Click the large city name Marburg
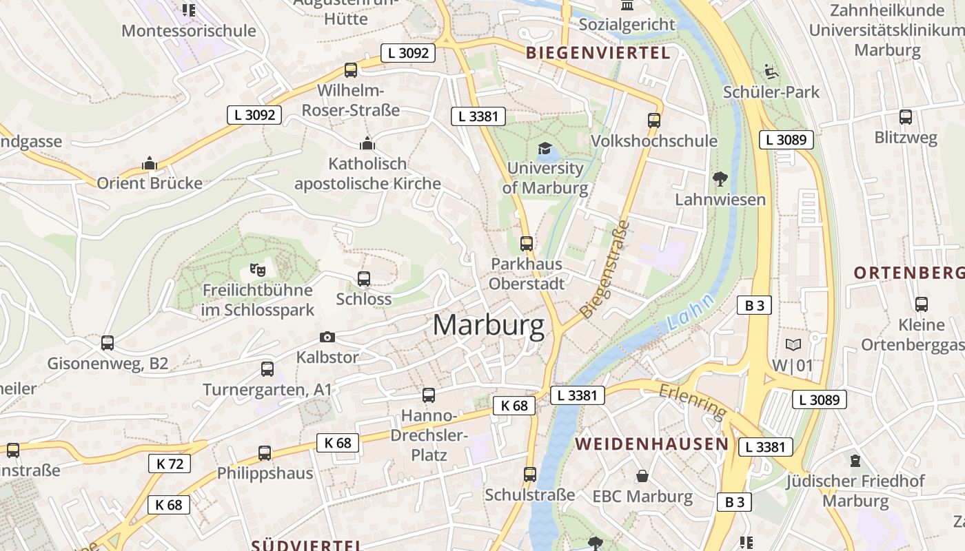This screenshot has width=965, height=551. pos(489,325)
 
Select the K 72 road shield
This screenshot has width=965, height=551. pos(170,464)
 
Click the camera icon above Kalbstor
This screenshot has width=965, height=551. pos(327,337)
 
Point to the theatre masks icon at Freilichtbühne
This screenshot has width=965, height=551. pos(257,269)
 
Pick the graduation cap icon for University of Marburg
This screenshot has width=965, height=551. pos(545,148)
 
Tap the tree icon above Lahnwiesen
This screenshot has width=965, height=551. pos(720,179)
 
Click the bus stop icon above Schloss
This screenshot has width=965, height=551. pos(364,278)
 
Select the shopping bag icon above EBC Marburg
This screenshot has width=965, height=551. pos(642,475)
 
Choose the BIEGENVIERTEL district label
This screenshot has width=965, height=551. pos(598,53)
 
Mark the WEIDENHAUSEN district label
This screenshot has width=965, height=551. pos(652,444)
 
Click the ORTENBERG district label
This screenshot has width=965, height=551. pos(909,273)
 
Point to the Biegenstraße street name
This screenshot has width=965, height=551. pos(606,269)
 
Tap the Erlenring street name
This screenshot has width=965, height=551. pos(693,401)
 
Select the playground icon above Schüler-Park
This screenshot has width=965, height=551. pos(771,71)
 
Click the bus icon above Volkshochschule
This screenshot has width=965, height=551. pos(654,121)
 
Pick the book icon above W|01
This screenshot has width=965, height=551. pos(793,344)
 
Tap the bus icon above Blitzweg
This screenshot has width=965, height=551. pos(906,117)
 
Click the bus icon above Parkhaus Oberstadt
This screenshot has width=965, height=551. pos(527,243)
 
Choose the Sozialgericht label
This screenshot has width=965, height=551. pos(627,25)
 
